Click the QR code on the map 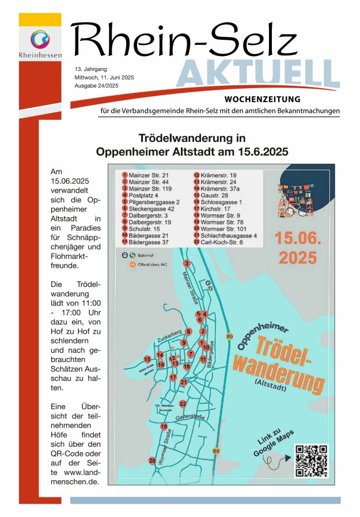[x=311, y=461]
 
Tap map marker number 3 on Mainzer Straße [x=187, y=263]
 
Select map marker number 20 [x=152, y=461]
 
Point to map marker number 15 [x=147, y=359]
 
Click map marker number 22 [x=183, y=403]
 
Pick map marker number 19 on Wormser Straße [x=164, y=427]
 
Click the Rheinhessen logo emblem [x=40, y=40]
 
